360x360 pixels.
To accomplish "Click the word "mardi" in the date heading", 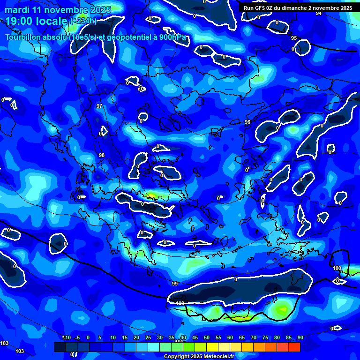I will click(x=16, y=10).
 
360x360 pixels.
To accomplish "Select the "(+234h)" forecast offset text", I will click(x=83, y=21).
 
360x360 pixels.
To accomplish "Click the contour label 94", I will click(x=319, y=13).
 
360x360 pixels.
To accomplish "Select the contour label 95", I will click(x=294, y=38).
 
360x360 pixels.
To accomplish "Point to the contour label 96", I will click(x=247, y=122).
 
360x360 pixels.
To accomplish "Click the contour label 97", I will click(x=99, y=106).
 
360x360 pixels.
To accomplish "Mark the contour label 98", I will click(x=102, y=155).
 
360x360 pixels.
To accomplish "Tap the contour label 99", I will click(x=175, y=284).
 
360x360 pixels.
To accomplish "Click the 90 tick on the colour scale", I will click(x=300, y=338).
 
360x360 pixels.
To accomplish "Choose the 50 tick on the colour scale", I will click(x=206, y=338).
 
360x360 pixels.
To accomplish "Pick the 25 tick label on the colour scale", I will click(x=148, y=338).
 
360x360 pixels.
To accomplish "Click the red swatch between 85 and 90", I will click(x=294, y=347).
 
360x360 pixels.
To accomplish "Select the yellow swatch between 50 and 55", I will click(x=212, y=347).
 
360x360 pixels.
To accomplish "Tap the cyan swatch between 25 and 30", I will click(x=153, y=347).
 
